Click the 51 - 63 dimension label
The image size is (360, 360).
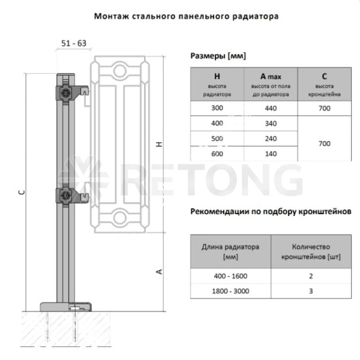point(74,43)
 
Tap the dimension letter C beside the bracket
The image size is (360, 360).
point(22,192)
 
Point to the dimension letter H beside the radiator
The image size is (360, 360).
point(159,144)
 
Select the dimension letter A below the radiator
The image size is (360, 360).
point(159,272)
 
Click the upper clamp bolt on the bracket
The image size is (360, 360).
point(65,93)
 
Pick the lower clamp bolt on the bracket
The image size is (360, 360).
point(65,196)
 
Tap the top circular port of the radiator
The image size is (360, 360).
point(119,70)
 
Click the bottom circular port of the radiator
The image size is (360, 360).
point(119,217)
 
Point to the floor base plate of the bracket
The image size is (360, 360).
point(65,307)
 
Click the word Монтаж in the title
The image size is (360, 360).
point(112,16)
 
